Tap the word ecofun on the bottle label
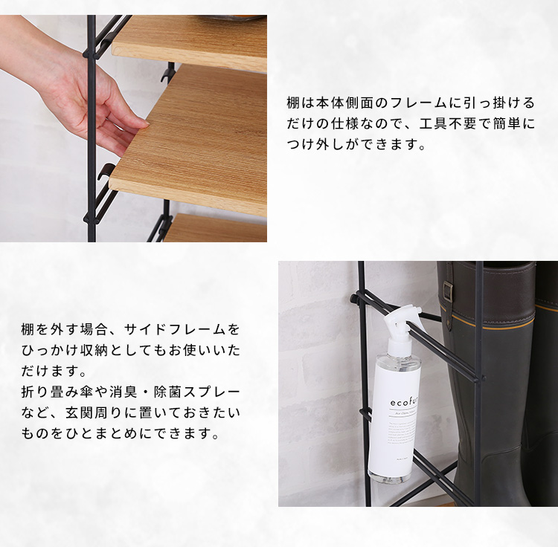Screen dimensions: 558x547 pyautogui.click(x=405, y=402)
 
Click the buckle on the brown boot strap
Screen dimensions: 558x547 pyautogui.click(x=448, y=291)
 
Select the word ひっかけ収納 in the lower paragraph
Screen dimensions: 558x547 pyautogui.click(x=65, y=351)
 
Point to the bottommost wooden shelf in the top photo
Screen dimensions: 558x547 pyautogui.click(x=215, y=228)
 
